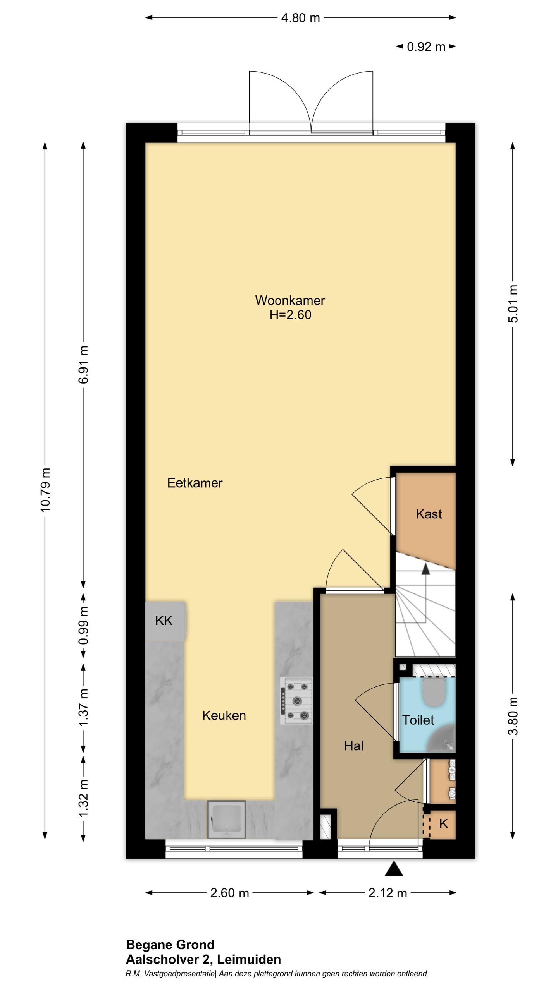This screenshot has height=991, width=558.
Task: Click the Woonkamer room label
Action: point(290,300)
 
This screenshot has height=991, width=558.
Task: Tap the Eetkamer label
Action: point(195,483)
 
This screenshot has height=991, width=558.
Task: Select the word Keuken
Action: point(224,715)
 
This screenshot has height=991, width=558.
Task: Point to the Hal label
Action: point(354,746)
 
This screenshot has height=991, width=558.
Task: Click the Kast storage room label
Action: point(429,514)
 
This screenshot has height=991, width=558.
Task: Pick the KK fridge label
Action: point(164,621)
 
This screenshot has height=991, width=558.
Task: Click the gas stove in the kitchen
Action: point(297,701)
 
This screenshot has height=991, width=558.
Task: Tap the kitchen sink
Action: point(226,820)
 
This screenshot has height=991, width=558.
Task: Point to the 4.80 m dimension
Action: point(300,18)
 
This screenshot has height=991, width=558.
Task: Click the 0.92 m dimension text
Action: point(426,47)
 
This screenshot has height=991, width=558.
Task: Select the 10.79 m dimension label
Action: point(45,490)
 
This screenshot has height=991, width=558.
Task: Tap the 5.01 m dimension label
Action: point(513,304)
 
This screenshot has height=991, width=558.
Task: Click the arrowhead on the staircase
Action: point(425,568)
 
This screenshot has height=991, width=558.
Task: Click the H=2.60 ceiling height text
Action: point(290,315)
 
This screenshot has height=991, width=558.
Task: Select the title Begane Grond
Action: point(170,945)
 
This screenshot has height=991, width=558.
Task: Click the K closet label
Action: point(443,823)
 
